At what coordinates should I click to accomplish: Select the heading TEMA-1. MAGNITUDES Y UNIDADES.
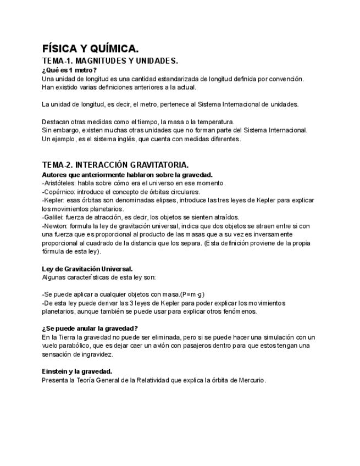109,60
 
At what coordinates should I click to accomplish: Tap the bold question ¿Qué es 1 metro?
69,70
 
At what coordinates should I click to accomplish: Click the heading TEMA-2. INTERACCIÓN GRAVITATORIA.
115,165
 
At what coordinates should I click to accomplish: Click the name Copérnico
58,192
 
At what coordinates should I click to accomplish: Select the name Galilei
53,217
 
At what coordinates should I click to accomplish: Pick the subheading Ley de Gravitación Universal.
87,269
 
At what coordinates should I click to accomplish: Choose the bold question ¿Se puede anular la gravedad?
90,328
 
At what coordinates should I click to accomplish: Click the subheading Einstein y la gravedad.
77,371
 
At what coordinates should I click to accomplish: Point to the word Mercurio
250,380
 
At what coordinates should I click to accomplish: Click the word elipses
157,200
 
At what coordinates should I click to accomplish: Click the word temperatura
215,121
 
